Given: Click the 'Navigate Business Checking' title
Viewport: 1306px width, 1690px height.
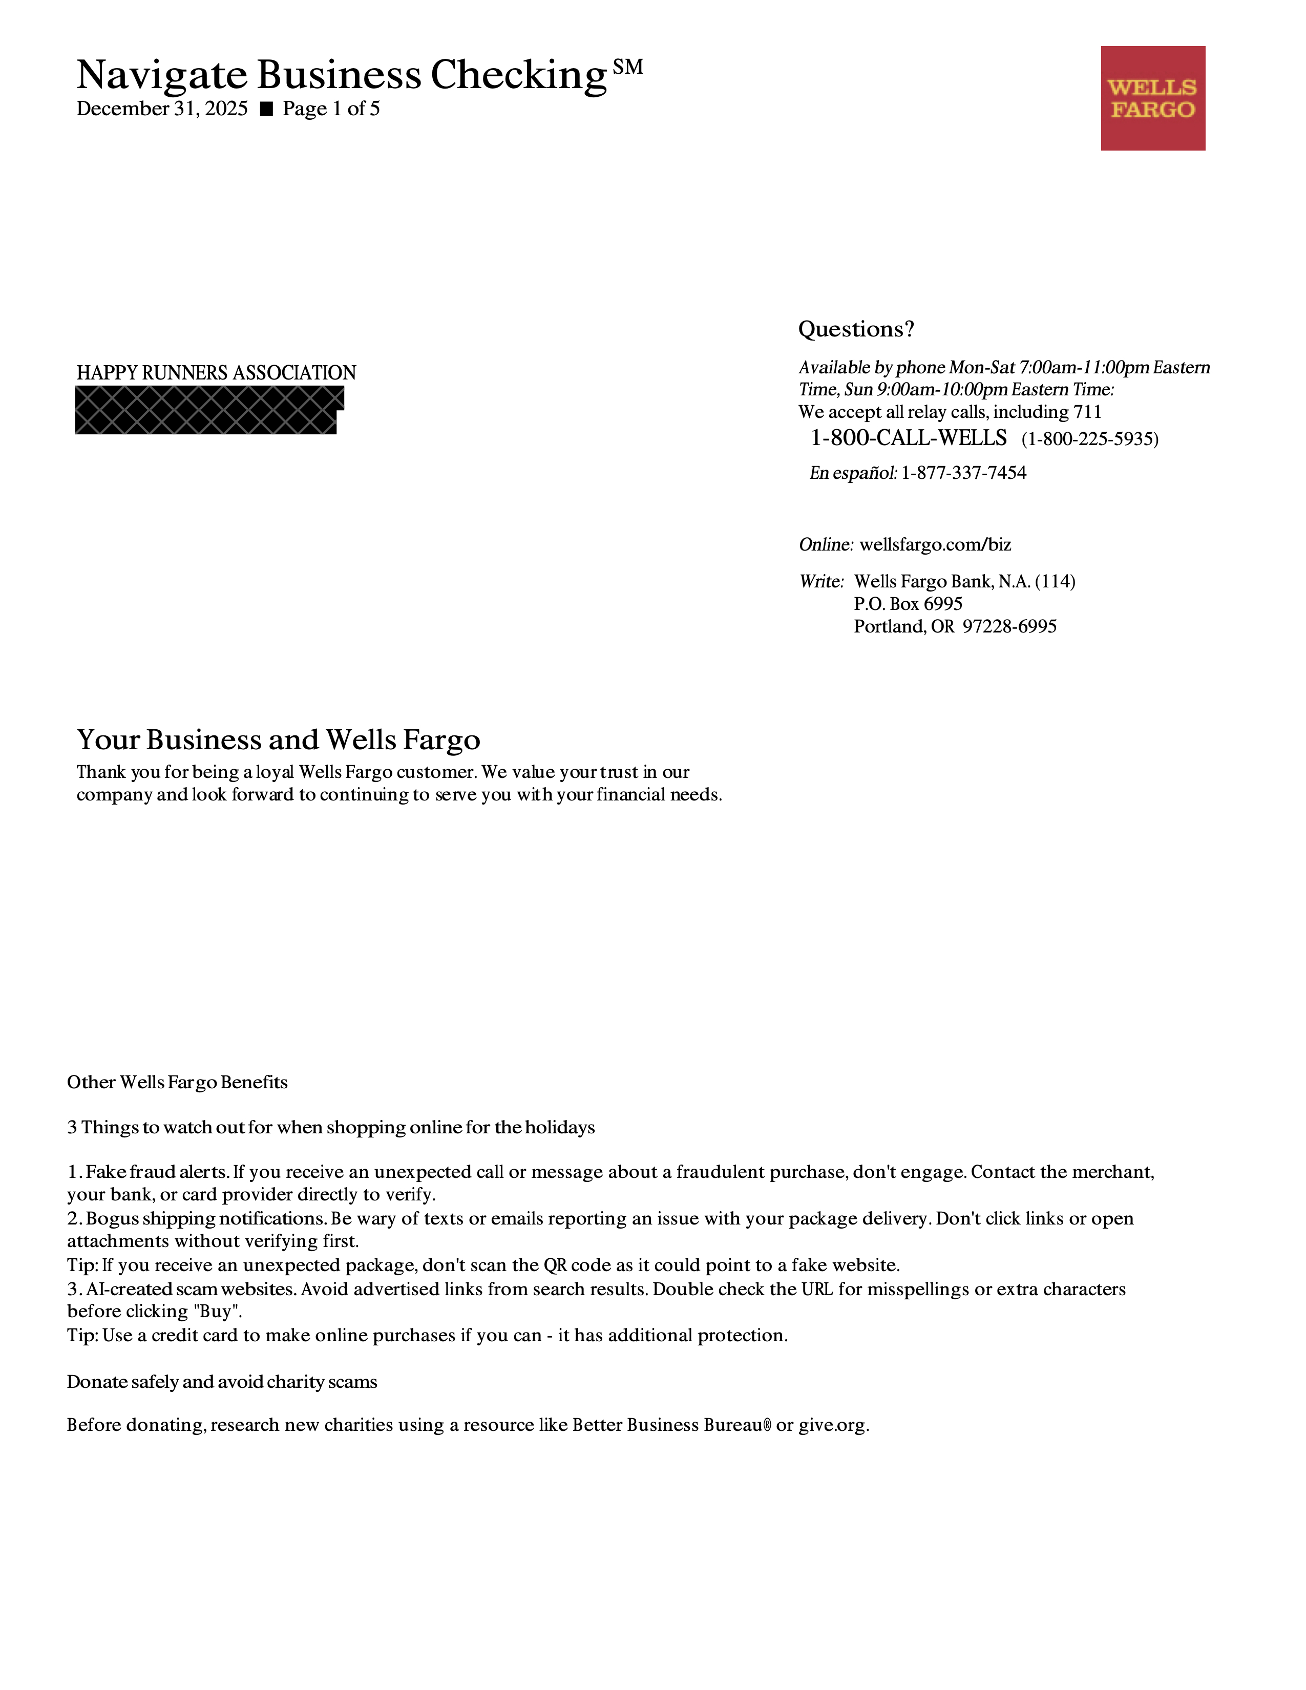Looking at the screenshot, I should point(341,75).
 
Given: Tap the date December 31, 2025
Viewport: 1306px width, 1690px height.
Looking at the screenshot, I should point(162,109).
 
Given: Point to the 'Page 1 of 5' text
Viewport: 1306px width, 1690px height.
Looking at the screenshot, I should point(331,109).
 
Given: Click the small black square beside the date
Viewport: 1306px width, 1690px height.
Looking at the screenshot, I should point(266,109).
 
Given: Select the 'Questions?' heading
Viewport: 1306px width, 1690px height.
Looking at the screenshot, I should point(856,330).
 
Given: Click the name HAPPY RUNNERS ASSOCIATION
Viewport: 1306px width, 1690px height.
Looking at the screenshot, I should point(216,373).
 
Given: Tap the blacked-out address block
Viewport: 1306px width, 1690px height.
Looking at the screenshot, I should point(207,410).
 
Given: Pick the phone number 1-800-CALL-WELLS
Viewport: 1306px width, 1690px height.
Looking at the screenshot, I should point(909,438).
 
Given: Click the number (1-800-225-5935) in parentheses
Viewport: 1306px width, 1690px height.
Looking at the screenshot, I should point(1089,439).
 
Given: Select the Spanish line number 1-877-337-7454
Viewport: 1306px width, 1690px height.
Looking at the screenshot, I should point(963,473).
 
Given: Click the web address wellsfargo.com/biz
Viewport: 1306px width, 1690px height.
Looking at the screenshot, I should point(935,545).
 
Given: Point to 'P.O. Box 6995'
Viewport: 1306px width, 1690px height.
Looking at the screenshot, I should point(908,604).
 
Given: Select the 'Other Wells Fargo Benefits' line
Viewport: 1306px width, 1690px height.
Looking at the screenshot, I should point(177,1082).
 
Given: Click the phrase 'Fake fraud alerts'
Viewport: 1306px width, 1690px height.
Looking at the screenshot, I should point(157,1172).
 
